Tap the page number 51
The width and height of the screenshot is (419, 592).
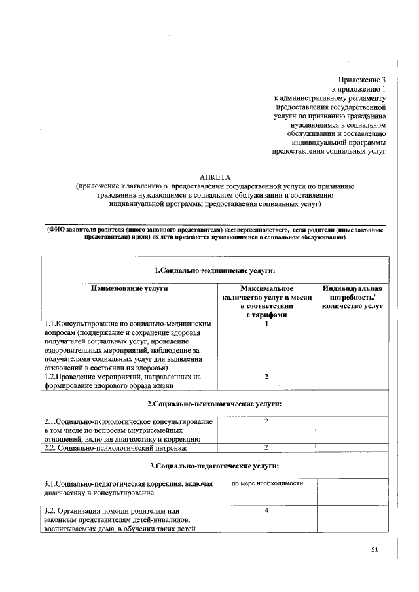click(x=375, y=550)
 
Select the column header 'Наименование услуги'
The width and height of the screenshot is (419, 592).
click(x=129, y=288)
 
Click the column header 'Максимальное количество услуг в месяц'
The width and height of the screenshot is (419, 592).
click(x=266, y=301)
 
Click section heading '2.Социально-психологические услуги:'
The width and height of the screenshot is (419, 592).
click(x=214, y=404)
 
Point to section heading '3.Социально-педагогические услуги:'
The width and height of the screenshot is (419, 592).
click(x=214, y=466)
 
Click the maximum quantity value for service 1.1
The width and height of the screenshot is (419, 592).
click(x=266, y=324)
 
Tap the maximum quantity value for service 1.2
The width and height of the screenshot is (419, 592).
click(x=266, y=377)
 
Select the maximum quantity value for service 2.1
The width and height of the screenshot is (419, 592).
click(x=266, y=421)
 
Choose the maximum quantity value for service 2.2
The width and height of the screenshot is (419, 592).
click(x=266, y=447)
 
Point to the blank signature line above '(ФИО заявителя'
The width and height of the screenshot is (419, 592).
click(x=214, y=225)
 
